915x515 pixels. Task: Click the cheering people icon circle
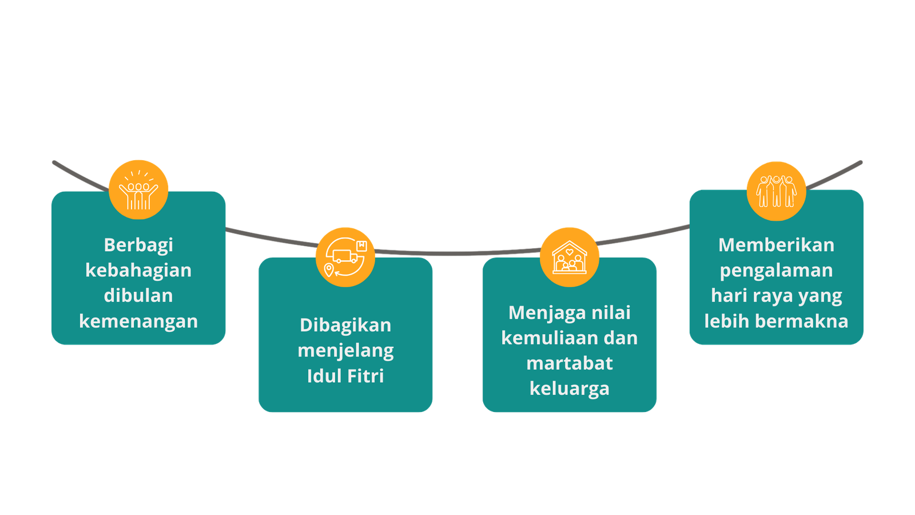pyautogui.click(x=138, y=189)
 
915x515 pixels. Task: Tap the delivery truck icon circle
pyautogui.click(x=345, y=257)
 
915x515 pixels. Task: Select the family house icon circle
pyautogui.click(x=570, y=257)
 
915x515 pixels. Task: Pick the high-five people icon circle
pyautogui.click(x=777, y=191)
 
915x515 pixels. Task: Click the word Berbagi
pyautogui.click(x=138, y=245)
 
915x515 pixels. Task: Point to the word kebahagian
pyautogui.click(x=138, y=270)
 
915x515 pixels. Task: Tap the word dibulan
pyautogui.click(x=138, y=295)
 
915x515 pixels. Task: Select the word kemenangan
pyautogui.click(x=138, y=321)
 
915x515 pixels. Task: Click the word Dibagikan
pyautogui.click(x=345, y=326)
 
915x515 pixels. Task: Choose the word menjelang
pyautogui.click(x=345, y=351)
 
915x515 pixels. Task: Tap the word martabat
pyautogui.click(x=570, y=363)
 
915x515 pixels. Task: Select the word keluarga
pyautogui.click(x=570, y=389)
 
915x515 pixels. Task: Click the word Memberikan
pyautogui.click(x=777, y=245)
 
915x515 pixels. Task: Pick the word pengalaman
pyautogui.click(x=777, y=271)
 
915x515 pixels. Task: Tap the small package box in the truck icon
pyautogui.click(x=361, y=245)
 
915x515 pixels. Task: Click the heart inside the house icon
pyautogui.click(x=570, y=252)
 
